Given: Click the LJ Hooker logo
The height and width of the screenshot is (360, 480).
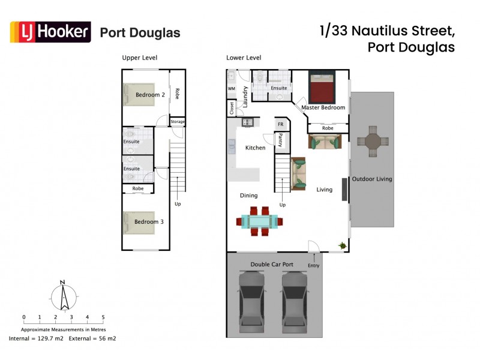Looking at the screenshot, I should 50,32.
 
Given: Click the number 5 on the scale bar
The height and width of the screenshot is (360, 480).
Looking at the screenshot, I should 103,317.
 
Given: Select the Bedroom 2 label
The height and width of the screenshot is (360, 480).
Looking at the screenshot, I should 150,95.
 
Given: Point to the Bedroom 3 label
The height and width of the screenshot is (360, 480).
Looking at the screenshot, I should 149,221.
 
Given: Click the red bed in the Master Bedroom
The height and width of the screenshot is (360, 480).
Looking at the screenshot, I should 325,88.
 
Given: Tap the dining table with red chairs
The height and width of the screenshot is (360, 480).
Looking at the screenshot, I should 259,220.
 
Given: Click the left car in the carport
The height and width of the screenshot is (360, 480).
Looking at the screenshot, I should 252,301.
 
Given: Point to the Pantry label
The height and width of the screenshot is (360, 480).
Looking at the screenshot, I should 280,140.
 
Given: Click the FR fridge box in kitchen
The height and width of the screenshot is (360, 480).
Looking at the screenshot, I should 280,124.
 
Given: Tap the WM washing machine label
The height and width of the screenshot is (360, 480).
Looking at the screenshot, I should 231,89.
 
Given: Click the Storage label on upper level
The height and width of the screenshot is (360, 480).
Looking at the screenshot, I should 178,122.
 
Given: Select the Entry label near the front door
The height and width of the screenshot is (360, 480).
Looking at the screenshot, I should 313,265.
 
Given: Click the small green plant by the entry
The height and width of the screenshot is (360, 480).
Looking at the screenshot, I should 343,245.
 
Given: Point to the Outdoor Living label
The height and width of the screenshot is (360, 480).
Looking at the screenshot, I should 372,179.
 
